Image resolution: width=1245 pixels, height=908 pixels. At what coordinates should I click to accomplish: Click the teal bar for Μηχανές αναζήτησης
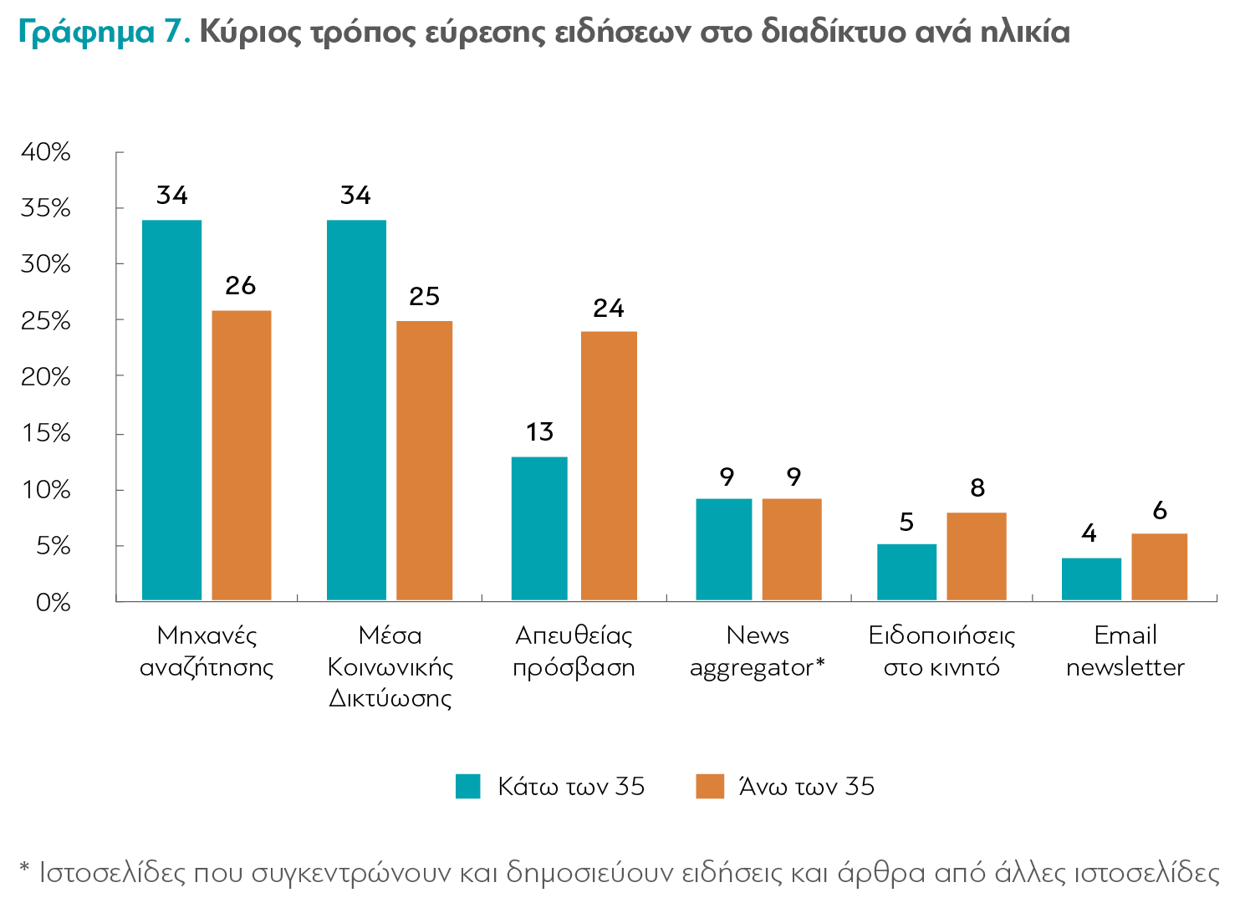(171, 410)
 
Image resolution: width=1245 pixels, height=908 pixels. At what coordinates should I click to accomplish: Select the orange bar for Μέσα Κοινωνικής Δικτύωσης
(424, 460)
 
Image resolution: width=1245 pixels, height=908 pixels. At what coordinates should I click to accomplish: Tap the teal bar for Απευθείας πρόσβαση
(539, 528)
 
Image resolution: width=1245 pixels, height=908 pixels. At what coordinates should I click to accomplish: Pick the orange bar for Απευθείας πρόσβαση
(609, 466)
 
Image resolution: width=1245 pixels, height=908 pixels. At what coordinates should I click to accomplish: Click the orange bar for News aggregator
(792, 549)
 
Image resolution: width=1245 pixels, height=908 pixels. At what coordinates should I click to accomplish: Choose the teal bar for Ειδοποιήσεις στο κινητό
(906, 572)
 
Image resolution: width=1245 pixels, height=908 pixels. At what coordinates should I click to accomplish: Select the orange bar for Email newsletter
(1159, 567)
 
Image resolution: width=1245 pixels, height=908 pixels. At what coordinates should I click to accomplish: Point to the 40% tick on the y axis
(46, 152)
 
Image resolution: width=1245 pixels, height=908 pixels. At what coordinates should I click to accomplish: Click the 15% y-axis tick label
(46, 433)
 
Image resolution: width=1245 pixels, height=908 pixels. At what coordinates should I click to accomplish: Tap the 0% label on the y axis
(53, 602)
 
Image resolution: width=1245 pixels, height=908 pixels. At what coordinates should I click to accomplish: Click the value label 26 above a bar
(240, 286)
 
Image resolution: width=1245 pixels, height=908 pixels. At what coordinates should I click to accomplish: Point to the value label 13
(539, 432)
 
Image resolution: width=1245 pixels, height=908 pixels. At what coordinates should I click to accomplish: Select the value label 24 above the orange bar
(609, 309)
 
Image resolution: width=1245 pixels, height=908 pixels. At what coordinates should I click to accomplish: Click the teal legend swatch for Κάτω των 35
(468, 786)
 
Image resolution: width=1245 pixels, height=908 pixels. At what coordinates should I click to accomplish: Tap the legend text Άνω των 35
(806, 787)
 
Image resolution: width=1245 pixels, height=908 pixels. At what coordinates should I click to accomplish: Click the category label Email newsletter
(1125, 650)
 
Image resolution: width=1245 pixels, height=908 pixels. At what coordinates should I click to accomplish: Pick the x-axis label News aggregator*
(757, 650)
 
